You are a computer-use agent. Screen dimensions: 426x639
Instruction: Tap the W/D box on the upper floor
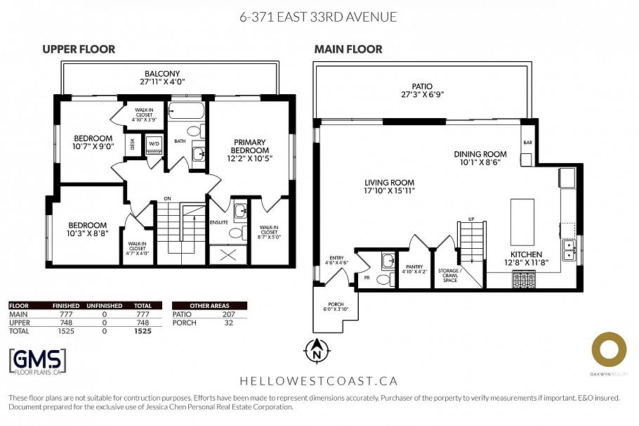pyautogui.click(x=154, y=144)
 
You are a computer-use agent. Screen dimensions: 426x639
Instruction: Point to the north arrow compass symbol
pyautogui.click(x=316, y=349)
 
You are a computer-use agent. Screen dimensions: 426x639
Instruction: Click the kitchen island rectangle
pyautogui.click(x=522, y=220)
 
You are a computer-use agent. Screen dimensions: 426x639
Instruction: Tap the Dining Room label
pyautogui.click(x=480, y=158)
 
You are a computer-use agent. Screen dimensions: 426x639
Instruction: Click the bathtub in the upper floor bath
pyautogui.click(x=187, y=110)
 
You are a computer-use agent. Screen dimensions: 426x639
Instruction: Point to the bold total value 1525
pyautogui.click(x=143, y=330)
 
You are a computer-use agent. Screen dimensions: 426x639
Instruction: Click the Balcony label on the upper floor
pyautogui.click(x=162, y=77)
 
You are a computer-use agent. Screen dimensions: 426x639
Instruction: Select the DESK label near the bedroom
pyautogui.click(x=133, y=143)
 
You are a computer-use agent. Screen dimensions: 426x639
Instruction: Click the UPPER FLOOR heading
pyautogui.click(x=79, y=49)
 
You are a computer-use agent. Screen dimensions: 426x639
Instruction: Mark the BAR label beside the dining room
pyautogui.click(x=527, y=143)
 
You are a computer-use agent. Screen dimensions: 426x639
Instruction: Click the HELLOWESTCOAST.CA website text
pyautogui.click(x=319, y=381)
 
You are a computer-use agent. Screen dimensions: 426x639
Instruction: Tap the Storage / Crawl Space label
pyautogui.click(x=449, y=274)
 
